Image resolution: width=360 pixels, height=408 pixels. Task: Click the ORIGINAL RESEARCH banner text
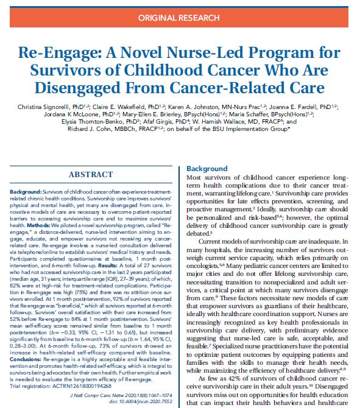point(180,18)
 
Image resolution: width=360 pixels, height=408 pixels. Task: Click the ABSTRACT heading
point(90,175)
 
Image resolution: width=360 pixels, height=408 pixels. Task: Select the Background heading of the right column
point(206,169)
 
